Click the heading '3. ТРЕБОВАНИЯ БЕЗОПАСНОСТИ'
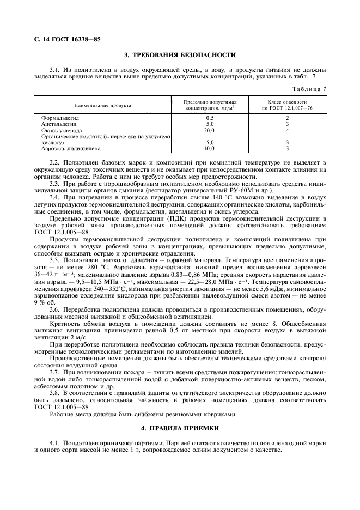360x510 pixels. point(180,55)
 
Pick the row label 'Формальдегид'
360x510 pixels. point(58,118)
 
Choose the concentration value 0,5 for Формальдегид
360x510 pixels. point(210,118)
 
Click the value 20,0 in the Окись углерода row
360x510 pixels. point(210,130)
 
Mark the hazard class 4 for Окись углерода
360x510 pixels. point(287,130)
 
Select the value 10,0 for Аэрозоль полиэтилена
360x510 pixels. point(210,148)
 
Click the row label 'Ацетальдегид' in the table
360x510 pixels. point(58,124)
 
